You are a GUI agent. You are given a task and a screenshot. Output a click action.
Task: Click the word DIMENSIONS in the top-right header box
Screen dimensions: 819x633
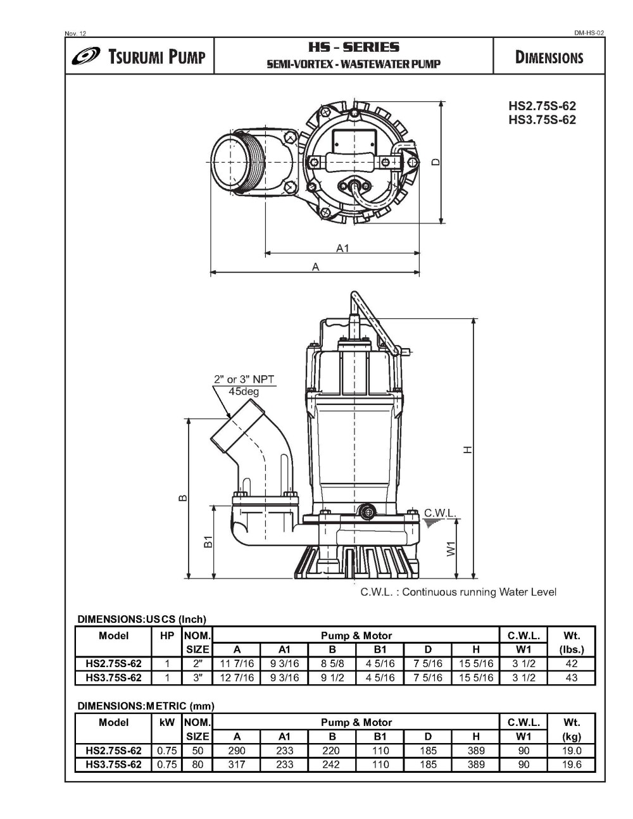click(x=549, y=58)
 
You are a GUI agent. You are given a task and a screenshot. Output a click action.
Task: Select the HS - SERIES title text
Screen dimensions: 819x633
click(x=353, y=47)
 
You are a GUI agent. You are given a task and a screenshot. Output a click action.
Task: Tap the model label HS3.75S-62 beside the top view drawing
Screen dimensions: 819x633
click(x=542, y=120)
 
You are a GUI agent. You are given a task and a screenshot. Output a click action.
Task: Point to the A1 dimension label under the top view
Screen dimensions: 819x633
click(x=342, y=248)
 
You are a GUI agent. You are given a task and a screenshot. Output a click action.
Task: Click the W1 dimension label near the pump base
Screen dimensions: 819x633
click(x=451, y=548)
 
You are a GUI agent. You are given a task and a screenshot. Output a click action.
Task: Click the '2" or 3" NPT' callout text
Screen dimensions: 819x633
click(x=244, y=380)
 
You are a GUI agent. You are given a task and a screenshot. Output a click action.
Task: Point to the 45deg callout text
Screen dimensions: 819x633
click(x=244, y=391)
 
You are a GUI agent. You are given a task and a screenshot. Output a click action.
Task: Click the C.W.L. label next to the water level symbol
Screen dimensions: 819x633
click(x=439, y=513)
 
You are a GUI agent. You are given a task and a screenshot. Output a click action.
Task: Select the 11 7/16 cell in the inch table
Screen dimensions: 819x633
click(x=237, y=663)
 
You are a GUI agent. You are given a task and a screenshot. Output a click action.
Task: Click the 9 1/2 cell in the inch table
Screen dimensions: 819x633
click(x=332, y=677)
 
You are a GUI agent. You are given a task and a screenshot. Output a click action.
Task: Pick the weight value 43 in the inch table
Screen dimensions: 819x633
click(x=571, y=677)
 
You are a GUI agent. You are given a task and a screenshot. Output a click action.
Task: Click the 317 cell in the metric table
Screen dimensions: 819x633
click(x=237, y=764)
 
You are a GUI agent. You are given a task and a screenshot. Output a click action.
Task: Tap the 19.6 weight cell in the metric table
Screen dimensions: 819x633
click(x=571, y=764)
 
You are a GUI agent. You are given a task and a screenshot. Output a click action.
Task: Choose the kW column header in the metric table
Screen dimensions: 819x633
click(x=167, y=722)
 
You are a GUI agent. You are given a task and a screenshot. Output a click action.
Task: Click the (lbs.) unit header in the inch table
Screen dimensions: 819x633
click(x=571, y=649)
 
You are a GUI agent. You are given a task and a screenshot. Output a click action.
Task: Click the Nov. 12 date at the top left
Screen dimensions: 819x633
click(x=76, y=33)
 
